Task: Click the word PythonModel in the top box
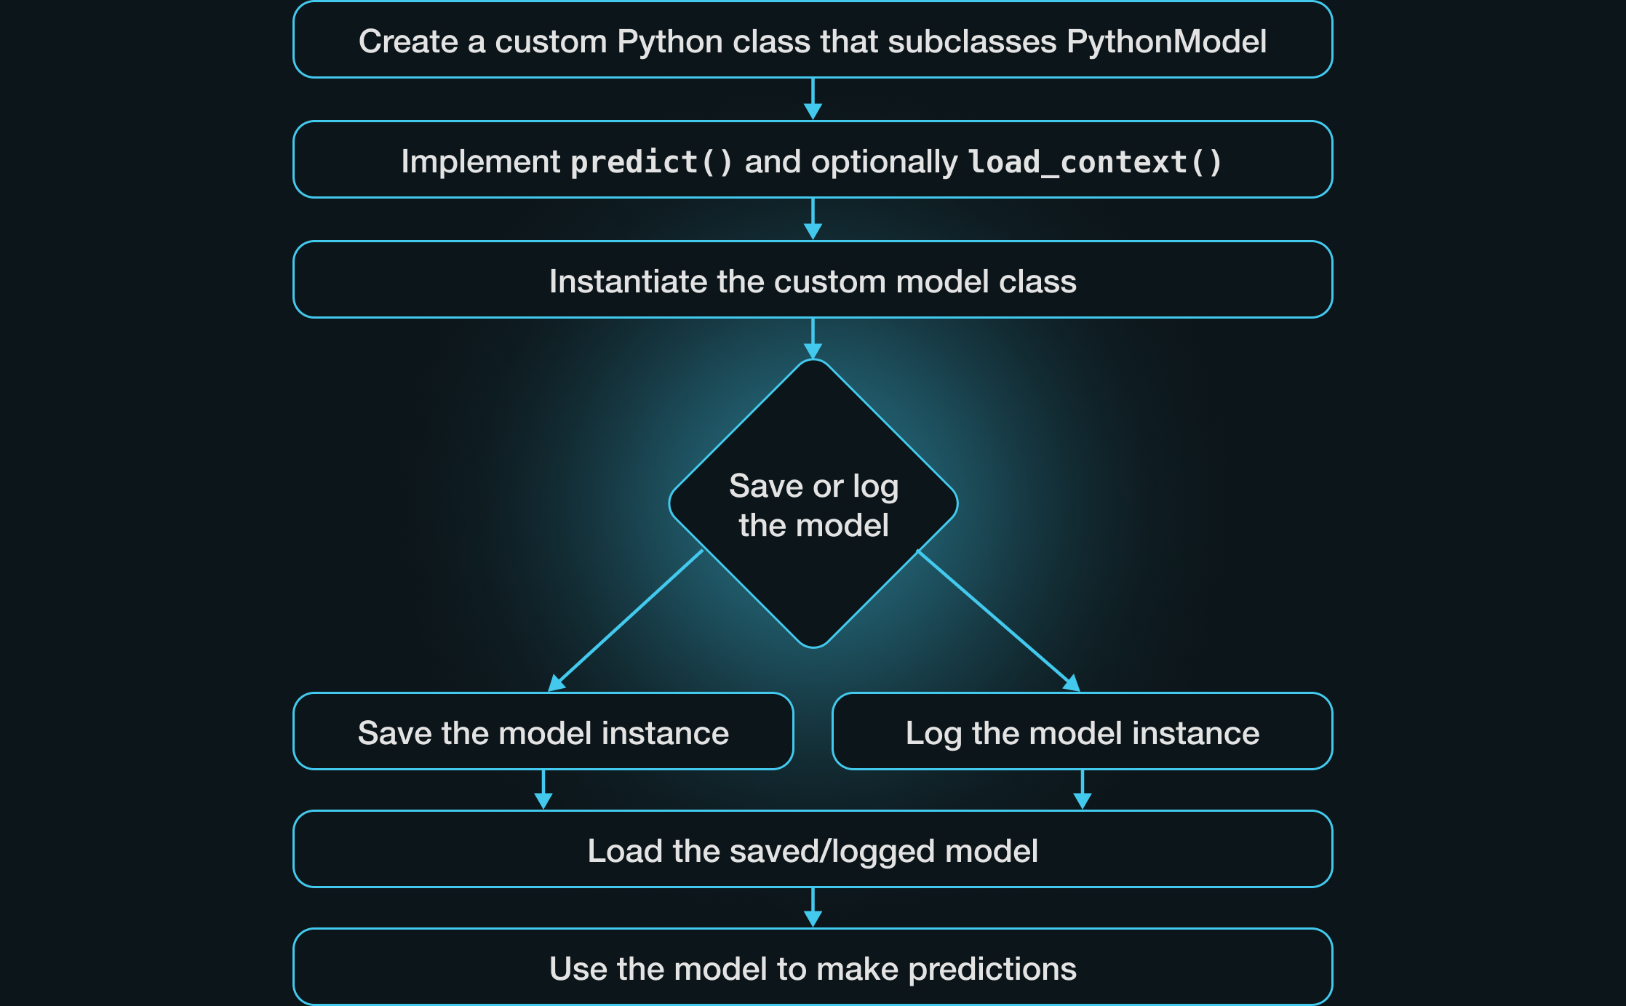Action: point(1166,41)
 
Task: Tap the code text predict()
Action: point(651,161)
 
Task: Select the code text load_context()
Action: point(1095,161)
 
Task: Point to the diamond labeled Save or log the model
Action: point(813,503)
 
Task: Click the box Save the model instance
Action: point(543,732)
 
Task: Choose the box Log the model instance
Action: point(1082,732)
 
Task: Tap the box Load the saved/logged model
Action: point(813,850)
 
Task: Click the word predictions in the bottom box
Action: point(992,969)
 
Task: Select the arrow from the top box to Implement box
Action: point(813,99)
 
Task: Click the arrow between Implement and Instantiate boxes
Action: point(813,219)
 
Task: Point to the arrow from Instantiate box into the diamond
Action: point(813,338)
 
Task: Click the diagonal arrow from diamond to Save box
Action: point(626,620)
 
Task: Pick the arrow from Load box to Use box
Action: point(813,908)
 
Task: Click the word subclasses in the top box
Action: point(972,41)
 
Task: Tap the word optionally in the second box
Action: point(885,161)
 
